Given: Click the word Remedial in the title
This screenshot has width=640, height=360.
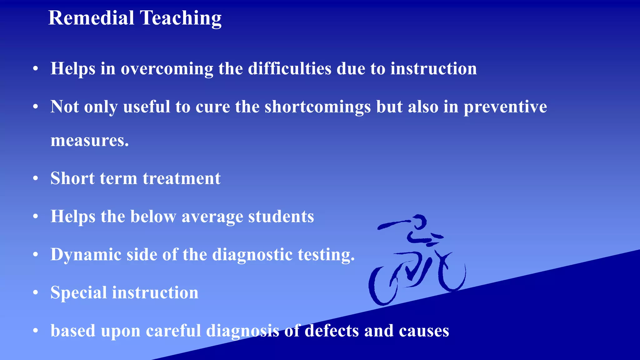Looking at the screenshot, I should click(x=91, y=18).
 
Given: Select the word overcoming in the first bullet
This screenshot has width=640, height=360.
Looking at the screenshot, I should click(x=167, y=69).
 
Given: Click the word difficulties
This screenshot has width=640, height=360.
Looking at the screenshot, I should click(x=289, y=68).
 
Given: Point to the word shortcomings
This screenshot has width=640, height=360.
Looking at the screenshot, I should click(x=317, y=107).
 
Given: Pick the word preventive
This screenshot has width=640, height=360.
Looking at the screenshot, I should click(x=505, y=107).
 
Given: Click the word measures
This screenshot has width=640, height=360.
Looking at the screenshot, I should click(x=89, y=140).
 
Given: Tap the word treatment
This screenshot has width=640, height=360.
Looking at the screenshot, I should click(x=182, y=178).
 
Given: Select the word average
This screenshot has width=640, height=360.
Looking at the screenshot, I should click(x=212, y=217).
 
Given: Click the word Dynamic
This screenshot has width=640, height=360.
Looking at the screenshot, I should click(x=86, y=255).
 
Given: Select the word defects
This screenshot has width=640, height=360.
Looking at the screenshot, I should click(x=332, y=331).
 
